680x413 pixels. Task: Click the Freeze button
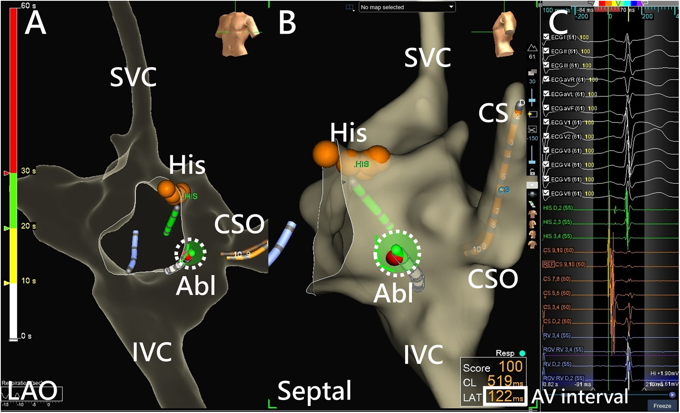point(662,406)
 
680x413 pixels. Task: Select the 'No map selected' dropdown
point(407,7)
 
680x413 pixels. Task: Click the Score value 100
point(510,367)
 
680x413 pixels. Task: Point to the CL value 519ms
point(505,381)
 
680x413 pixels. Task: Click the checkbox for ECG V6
point(546,193)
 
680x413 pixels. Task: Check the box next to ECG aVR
point(546,79)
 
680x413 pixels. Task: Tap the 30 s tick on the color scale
point(28,171)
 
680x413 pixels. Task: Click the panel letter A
point(35,24)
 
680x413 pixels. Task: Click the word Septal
point(314,391)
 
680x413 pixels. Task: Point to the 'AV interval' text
point(579,396)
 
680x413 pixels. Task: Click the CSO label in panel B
point(493,279)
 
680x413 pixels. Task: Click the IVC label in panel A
point(152,352)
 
